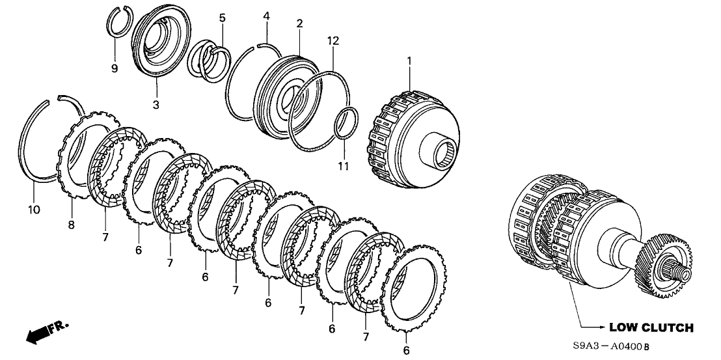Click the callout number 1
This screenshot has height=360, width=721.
409,61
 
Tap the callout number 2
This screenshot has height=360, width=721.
299,23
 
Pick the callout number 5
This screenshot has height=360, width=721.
222,18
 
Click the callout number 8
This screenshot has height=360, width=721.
70,225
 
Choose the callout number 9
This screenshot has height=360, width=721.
115,68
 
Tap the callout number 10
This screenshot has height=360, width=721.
34,209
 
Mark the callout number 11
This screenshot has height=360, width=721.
344,167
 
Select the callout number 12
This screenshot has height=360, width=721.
333,40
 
